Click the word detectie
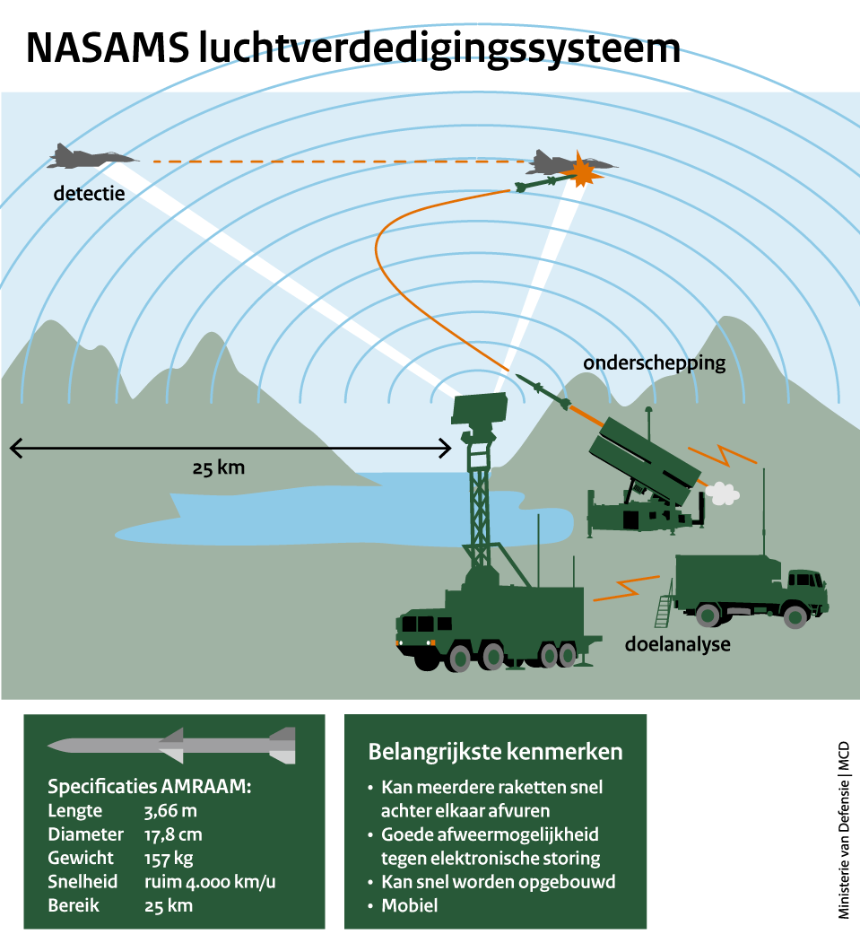[x=89, y=193]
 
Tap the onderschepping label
[x=654, y=363]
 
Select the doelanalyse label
[x=677, y=644]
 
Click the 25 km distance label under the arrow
[x=218, y=467]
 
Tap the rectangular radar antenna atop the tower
[x=481, y=409]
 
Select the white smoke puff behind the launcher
[x=723, y=492]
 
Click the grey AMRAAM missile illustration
[x=171, y=745]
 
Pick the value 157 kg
[x=169, y=859]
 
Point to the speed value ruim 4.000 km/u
[x=209, y=882]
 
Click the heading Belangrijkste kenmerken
[x=495, y=751]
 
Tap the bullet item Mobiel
[x=410, y=905]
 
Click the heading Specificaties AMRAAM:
[x=149, y=787]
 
